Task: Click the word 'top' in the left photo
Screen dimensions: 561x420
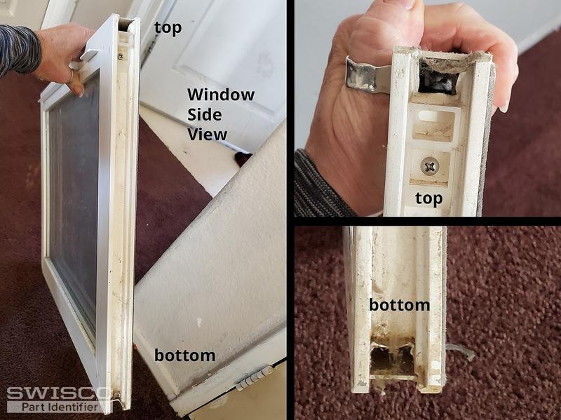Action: (168, 29)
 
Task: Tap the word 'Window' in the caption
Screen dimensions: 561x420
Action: (221, 95)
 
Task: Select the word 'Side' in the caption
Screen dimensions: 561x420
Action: (205, 115)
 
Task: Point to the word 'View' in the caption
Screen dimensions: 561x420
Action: (208, 135)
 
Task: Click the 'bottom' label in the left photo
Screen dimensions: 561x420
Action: (184, 355)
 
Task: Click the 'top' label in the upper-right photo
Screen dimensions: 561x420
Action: (428, 198)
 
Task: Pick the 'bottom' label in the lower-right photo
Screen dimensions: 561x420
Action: (399, 305)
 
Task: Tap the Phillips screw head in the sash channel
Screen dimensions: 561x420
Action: (430, 166)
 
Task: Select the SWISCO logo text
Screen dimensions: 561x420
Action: (59, 393)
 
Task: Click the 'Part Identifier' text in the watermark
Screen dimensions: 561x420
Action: (60, 407)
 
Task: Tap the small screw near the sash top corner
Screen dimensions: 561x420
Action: (120, 56)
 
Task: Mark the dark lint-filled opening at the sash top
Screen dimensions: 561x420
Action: (438, 76)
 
